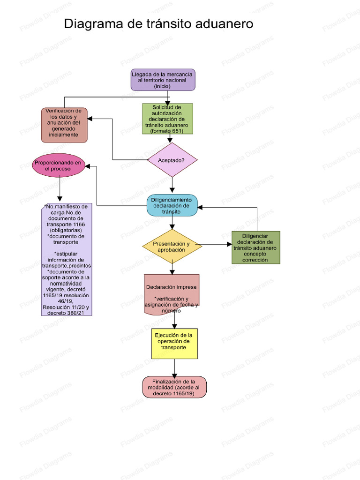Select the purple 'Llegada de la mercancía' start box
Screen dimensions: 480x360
163,80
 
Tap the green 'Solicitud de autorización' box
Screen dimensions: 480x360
167,119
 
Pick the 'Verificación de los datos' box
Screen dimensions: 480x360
64,125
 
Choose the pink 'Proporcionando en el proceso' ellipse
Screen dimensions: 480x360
58,165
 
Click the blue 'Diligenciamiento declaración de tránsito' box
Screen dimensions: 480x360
172,205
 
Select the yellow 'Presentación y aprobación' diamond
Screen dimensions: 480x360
172,247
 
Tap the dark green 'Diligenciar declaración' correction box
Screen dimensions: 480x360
255,247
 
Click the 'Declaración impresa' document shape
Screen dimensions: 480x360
172,294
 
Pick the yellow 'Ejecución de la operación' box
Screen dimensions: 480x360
174,344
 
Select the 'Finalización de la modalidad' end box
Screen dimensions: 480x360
174,387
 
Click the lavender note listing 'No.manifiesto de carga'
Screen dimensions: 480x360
67,259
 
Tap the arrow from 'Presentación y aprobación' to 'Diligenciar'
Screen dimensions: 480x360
216,244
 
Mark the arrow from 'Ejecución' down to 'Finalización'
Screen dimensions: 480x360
174,368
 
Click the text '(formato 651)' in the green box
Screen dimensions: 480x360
167,131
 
